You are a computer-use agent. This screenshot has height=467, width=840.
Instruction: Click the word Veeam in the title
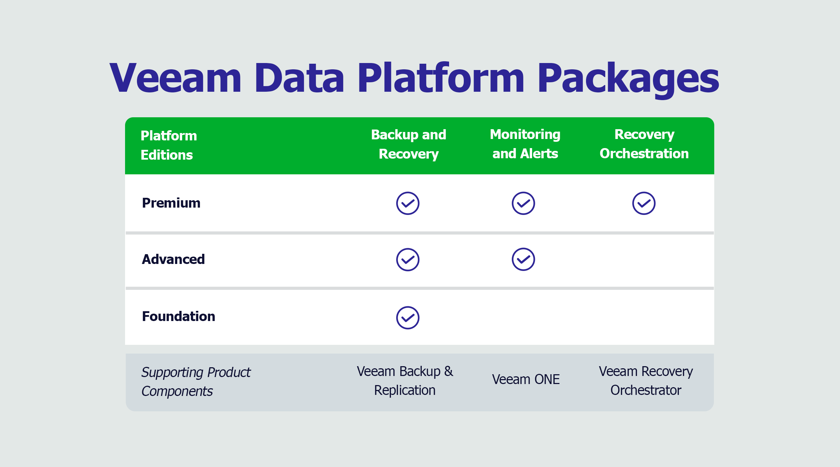pos(175,77)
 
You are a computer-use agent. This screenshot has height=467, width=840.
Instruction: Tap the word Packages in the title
pos(628,80)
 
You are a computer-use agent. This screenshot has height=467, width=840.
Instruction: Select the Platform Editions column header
pos(168,145)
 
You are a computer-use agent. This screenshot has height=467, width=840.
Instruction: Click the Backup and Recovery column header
pos(408,144)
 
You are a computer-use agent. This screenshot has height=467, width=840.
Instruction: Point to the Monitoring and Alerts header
pos(525,144)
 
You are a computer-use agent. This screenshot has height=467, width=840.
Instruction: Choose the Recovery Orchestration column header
pos(644,144)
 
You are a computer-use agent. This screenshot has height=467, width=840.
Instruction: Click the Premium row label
pos(171,203)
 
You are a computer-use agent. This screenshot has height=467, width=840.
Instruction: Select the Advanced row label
pos(173,259)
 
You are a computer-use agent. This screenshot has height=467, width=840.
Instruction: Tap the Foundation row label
pos(178,316)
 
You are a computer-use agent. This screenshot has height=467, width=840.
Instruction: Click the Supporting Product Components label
pos(196,382)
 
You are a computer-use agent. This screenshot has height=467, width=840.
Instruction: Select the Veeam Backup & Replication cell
pos(405,381)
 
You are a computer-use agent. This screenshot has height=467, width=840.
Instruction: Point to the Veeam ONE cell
pos(525,379)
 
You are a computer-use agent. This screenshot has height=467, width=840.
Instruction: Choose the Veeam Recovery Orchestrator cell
pos(646,381)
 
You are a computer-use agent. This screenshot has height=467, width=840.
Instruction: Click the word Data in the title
pos(299,77)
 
